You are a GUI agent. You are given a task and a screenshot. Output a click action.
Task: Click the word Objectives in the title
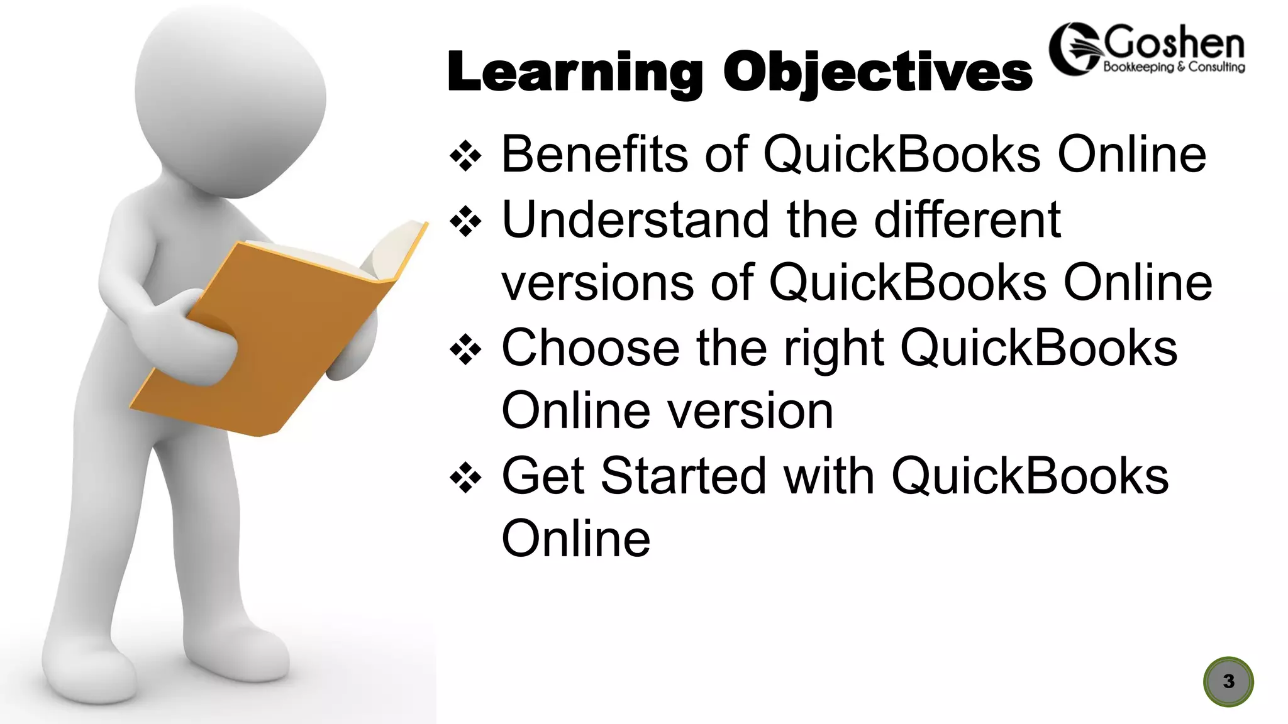[877, 73]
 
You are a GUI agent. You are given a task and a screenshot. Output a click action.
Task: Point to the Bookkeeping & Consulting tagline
[1174, 67]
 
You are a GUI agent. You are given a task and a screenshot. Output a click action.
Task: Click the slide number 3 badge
[1228, 681]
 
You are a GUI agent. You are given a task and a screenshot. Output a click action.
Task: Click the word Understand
[635, 219]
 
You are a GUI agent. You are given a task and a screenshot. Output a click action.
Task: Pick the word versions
[597, 283]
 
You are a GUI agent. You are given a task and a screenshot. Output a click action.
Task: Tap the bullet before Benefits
[465, 155]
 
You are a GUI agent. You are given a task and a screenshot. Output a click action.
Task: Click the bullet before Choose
[465, 349]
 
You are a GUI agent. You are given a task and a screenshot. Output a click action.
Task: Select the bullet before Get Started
[465, 477]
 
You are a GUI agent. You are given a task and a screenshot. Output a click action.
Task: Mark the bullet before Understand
[465, 221]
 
